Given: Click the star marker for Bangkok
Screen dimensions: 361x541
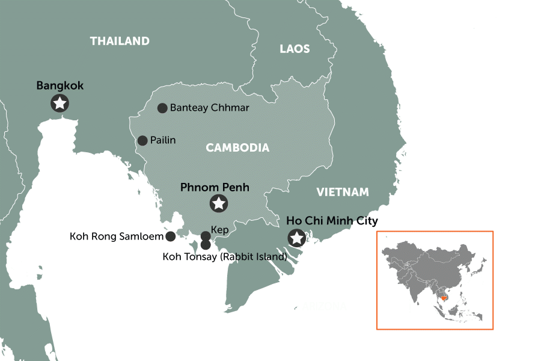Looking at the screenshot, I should (60, 103).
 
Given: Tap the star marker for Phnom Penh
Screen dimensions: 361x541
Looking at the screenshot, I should (219, 203).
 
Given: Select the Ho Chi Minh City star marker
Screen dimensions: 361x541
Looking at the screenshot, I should (296, 238).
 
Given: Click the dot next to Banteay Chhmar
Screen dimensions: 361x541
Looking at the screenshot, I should (162, 108).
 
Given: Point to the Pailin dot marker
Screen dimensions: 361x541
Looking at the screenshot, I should (142, 141).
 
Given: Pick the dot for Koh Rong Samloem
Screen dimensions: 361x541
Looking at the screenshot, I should (171, 236).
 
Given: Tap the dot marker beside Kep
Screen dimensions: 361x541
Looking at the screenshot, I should (206, 236).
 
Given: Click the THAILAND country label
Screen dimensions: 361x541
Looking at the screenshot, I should (120, 42).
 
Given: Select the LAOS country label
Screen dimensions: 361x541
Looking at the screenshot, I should (295, 49).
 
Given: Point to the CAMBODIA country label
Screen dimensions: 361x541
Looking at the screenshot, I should (237, 148).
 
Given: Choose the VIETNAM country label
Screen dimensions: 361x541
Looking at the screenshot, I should (342, 193).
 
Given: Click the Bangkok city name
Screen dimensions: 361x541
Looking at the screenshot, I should (60, 86).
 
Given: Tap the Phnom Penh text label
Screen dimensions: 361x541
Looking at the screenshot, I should (215, 187).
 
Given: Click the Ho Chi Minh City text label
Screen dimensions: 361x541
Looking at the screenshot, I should (332, 221).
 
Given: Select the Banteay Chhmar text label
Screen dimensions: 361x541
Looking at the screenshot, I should (209, 108).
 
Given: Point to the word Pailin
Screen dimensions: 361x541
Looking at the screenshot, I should (164, 141).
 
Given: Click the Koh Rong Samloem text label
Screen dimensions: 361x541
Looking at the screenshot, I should (117, 236).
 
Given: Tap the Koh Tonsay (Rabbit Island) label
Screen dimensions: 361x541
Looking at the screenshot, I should (225, 257).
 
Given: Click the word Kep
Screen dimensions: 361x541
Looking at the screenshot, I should (220, 230).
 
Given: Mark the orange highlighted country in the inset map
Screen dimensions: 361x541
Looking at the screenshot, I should (445, 296).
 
